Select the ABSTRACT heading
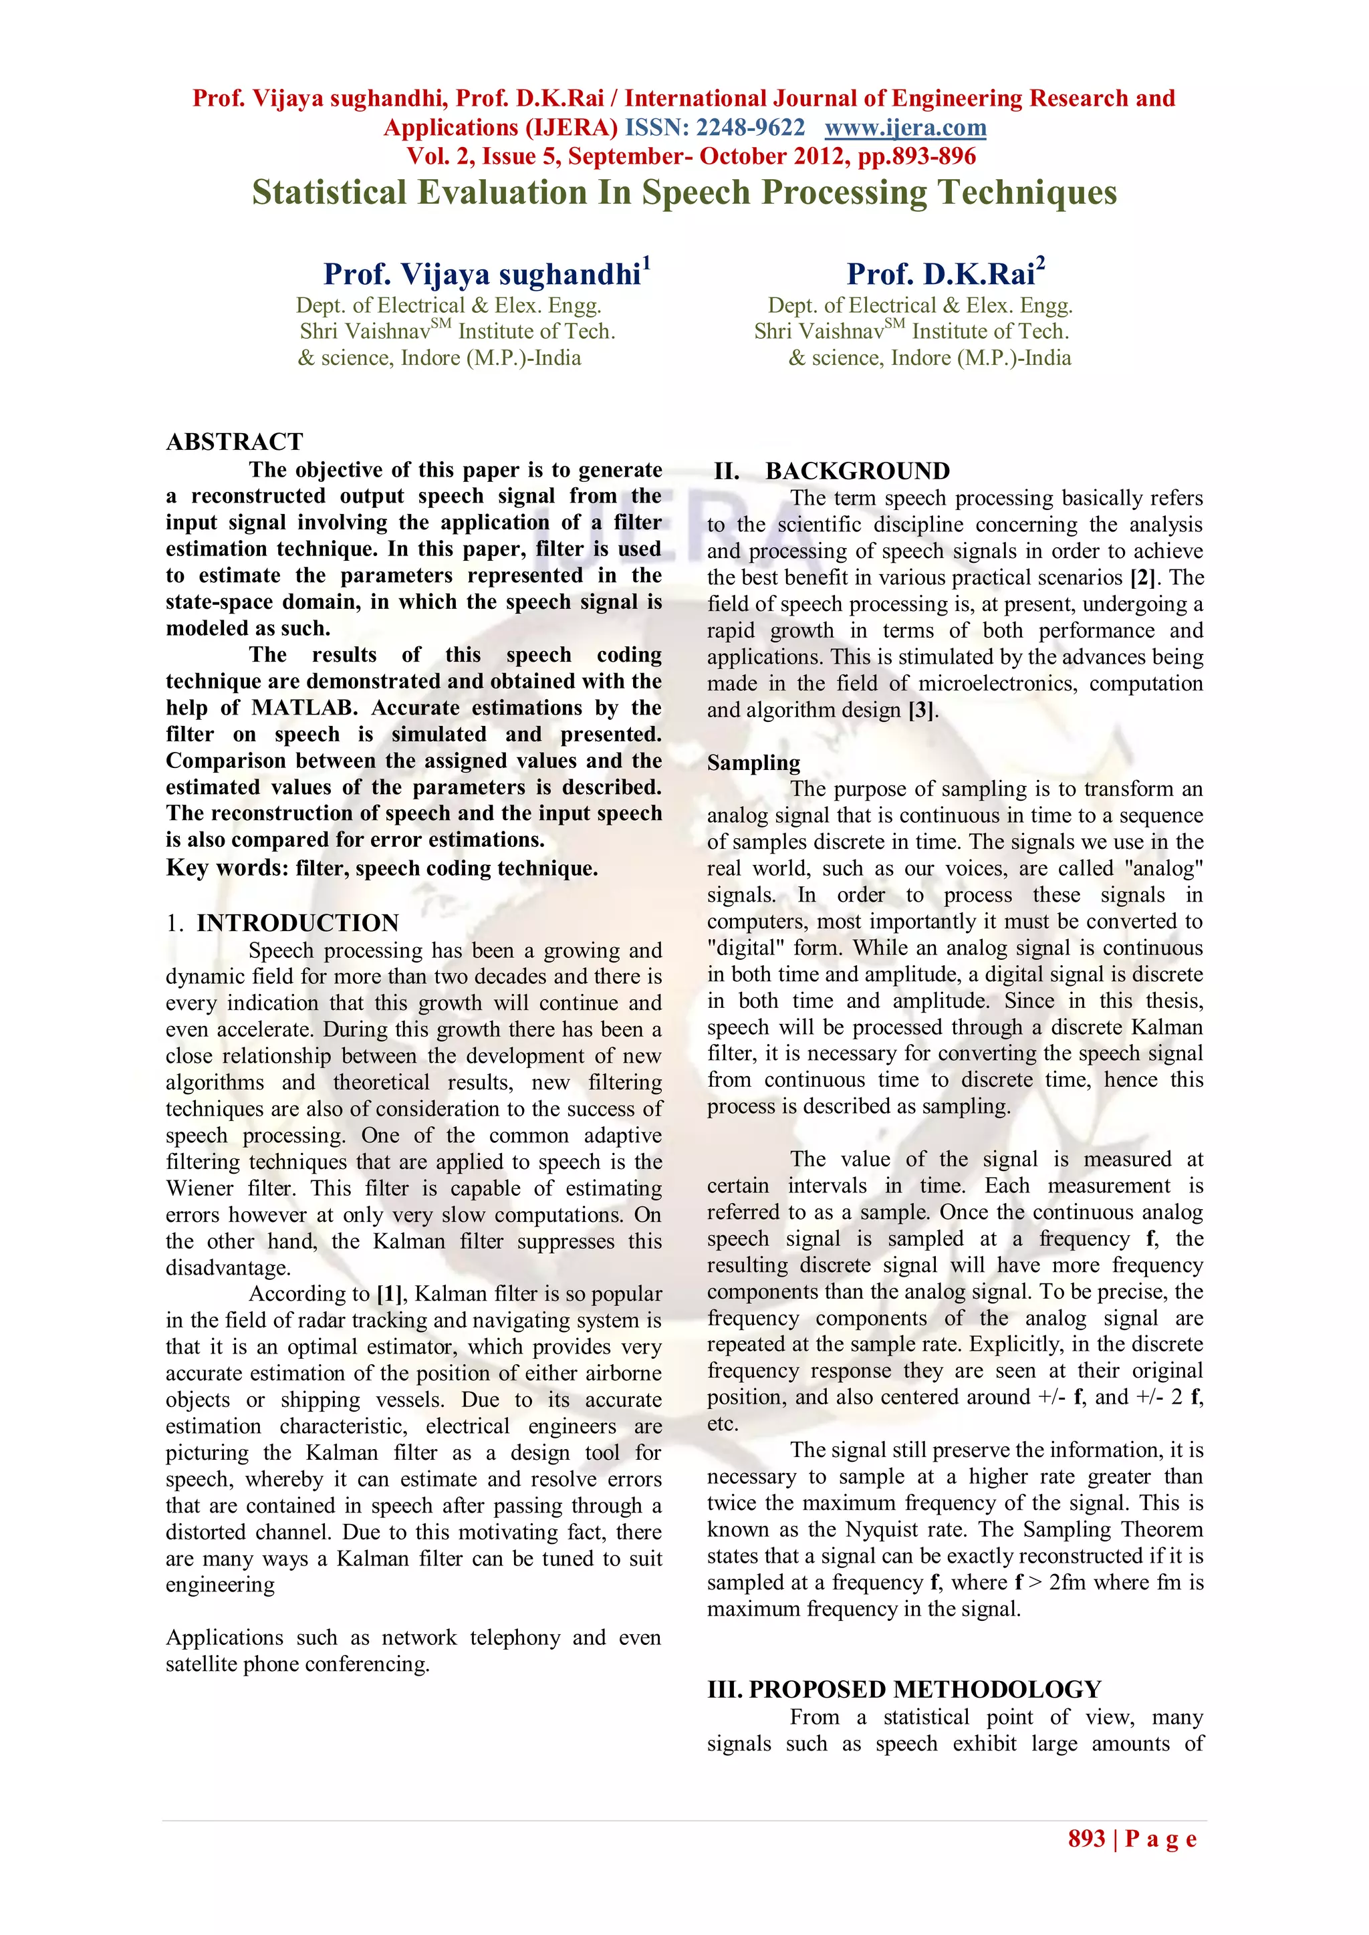click(x=235, y=442)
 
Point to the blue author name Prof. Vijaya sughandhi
click(x=481, y=275)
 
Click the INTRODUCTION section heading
click(x=297, y=923)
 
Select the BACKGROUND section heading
click(x=856, y=471)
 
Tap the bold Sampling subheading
click(x=753, y=763)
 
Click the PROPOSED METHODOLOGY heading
click(x=924, y=1690)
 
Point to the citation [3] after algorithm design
click(x=920, y=711)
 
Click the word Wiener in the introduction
click(x=200, y=1188)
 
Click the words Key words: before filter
click(x=227, y=869)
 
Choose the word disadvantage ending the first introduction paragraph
click(x=226, y=1267)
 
